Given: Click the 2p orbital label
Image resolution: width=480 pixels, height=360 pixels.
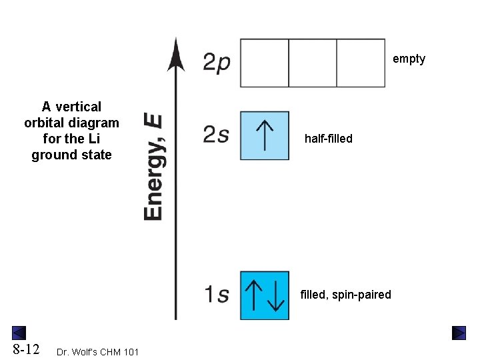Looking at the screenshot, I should (x=217, y=62).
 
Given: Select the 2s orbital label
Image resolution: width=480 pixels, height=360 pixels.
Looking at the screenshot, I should (x=217, y=135).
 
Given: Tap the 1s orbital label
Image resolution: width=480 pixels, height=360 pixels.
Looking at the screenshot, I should (x=217, y=295).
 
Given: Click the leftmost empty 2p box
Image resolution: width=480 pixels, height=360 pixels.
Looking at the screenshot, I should (x=264, y=63).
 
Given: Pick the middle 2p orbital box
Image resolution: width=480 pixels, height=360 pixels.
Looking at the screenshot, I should (x=313, y=63).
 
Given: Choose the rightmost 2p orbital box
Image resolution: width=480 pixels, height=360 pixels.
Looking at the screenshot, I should (x=361, y=63).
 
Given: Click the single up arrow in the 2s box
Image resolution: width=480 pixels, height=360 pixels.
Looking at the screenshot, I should (x=265, y=135).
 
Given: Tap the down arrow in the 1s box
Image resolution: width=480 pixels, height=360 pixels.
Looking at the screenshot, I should (x=275, y=295).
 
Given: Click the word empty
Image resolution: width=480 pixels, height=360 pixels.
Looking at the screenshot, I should (x=409, y=59).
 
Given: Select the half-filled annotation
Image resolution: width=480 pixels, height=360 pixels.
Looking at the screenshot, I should (x=328, y=139).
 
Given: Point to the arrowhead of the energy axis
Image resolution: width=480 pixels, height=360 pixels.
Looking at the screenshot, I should (x=176, y=55).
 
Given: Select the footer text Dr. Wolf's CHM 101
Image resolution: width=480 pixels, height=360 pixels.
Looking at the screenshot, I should (x=98, y=351).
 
